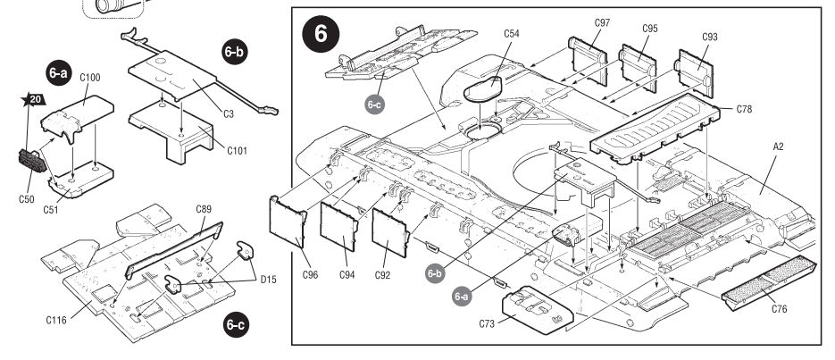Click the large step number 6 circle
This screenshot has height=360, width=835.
(321, 33)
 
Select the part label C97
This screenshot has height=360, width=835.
(601, 21)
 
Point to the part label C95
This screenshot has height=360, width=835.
(649, 29)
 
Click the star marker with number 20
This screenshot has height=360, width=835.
(32, 99)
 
